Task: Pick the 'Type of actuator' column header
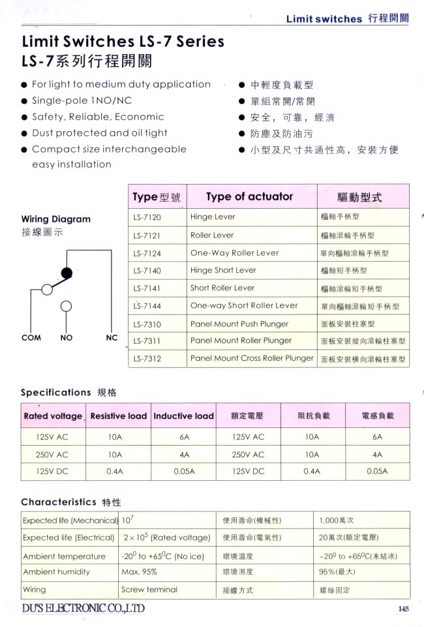click(x=249, y=196)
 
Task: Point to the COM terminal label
click(x=31, y=338)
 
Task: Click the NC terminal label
click(x=112, y=338)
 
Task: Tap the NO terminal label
click(x=67, y=338)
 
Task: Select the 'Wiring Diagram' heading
click(x=56, y=219)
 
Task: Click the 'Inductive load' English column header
click(x=183, y=416)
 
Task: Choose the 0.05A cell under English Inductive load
click(x=183, y=470)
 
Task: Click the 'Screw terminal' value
click(x=149, y=589)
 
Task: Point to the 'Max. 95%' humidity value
click(x=140, y=572)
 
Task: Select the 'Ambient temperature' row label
click(x=64, y=556)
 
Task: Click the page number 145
click(x=402, y=609)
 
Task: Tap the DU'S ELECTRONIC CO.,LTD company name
click(x=83, y=608)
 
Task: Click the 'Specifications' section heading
click(x=56, y=392)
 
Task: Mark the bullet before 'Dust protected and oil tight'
click(x=24, y=133)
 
